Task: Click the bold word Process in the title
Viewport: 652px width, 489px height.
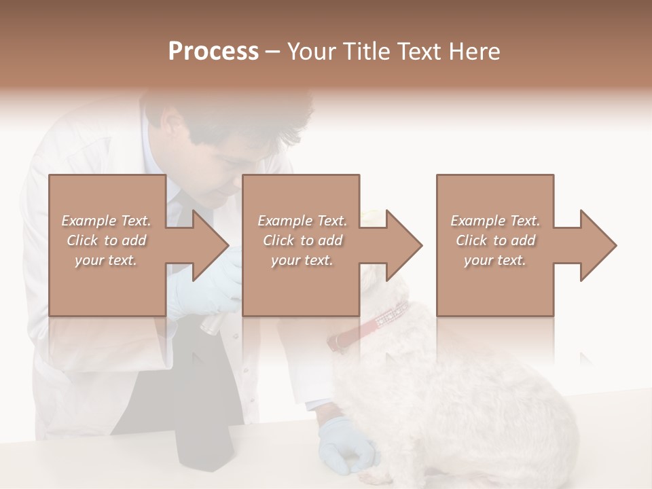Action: click(x=213, y=51)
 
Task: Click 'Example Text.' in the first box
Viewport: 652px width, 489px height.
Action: click(x=107, y=221)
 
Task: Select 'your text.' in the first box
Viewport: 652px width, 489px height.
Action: click(x=107, y=260)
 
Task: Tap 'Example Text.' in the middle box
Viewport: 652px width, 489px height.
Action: click(x=302, y=221)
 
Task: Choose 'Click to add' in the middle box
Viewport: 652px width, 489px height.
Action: click(x=302, y=240)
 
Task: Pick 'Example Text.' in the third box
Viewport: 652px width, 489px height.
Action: click(x=495, y=221)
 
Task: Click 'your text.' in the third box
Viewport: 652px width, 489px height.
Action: click(x=495, y=260)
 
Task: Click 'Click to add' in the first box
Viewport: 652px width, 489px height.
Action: click(x=107, y=240)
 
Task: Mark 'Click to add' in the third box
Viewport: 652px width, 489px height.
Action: click(x=495, y=240)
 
